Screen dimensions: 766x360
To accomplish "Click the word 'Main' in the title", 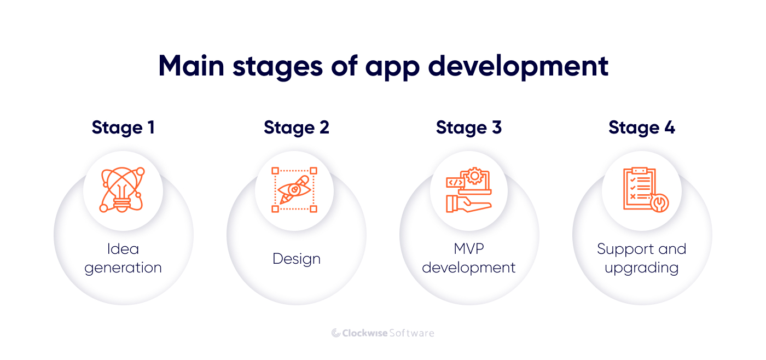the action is [x=191, y=66].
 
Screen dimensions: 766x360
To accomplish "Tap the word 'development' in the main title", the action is [x=518, y=67].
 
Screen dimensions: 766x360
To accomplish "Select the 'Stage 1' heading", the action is [x=123, y=128].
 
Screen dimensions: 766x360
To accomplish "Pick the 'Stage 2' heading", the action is [x=297, y=128].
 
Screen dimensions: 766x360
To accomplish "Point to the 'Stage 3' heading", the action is [x=469, y=128].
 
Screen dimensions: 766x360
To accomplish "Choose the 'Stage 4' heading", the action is [x=642, y=128].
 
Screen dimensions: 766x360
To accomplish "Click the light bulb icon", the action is [x=122, y=190].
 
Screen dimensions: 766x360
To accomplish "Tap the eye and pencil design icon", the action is [x=294, y=190].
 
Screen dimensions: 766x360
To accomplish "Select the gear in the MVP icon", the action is [x=475, y=176].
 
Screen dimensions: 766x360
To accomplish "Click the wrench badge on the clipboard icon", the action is [x=660, y=203].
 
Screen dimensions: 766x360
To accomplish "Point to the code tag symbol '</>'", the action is [x=455, y=183].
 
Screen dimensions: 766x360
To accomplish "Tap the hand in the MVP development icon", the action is [x=468, y=204].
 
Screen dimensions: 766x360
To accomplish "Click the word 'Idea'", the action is [x=123, y=249].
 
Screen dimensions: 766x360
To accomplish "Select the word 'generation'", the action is [x=123, y=268].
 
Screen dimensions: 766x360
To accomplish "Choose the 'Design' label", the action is [x=297, y=259].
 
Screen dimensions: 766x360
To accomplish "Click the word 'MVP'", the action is [x=469, y=249].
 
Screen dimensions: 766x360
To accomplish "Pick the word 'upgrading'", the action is [x=641, y=268].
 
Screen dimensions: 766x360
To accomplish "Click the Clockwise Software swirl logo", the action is [x=336, y=333].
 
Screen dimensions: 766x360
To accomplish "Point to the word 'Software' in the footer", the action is [x=411, y=333].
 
